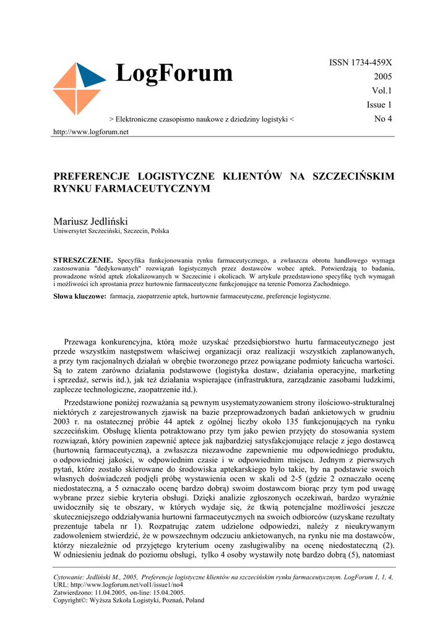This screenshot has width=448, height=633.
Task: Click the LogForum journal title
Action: click(174, 74)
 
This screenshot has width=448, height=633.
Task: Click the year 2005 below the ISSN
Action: click(382, 77)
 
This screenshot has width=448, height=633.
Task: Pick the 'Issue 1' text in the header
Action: click(379, 104)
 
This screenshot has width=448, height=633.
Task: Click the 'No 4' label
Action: click(383, 118)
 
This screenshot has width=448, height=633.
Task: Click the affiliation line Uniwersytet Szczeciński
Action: click(111, 231)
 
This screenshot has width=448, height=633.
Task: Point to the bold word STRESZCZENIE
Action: click(84, 261)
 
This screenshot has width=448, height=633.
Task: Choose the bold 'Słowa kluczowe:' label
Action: click(80, 297)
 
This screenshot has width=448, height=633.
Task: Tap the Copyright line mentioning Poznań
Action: click(129, 600)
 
